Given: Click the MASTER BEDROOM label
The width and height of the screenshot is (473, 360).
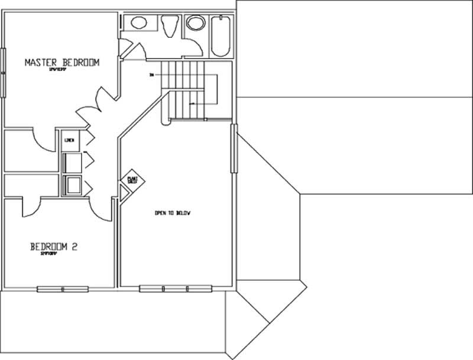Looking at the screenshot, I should click(x=61, y=62).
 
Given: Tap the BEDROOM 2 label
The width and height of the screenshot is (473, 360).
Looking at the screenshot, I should click(x=54, y=247).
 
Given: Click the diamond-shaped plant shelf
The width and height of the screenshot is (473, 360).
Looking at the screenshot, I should click(x=131, y=179).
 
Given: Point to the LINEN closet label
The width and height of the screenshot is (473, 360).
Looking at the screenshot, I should click(x=69, y=140).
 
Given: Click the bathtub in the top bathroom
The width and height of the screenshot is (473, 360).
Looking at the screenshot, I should click(x=221, y=36).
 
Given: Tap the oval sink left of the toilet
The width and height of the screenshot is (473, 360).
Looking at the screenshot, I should click(x=138, y=24).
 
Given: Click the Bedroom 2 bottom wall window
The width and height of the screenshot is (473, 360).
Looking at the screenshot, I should click(x=63, y=289).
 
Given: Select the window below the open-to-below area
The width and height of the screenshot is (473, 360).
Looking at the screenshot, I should click(x=175, y=289).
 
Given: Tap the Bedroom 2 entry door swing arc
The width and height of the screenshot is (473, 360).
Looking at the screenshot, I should click(x=102, y=210).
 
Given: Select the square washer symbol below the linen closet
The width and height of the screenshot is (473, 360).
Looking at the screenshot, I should click(x=73, y=186).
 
